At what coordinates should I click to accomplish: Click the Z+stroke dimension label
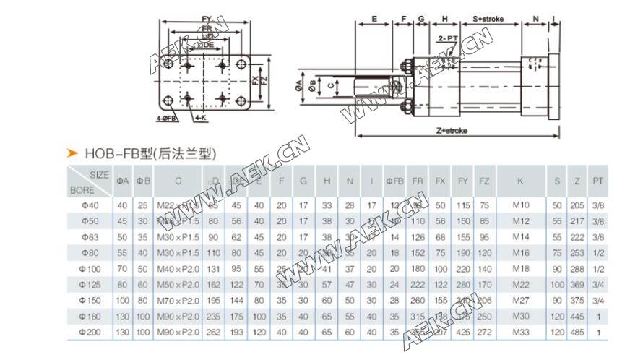tap(452, 130)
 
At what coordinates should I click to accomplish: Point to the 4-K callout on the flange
tap(200, 116)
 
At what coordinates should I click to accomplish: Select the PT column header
tap(596, 180)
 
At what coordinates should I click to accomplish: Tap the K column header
tap(520, 180)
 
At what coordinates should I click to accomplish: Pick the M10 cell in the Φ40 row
tap(520, 205)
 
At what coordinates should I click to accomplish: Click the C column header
tap(178, 180)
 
